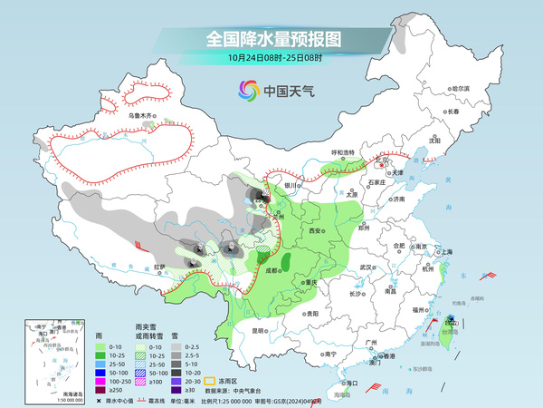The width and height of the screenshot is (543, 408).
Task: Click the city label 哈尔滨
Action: [x=461, y=88]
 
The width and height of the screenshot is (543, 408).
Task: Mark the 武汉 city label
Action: [x=366, y=267]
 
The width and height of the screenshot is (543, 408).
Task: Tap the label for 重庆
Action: [x=311, y=282]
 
